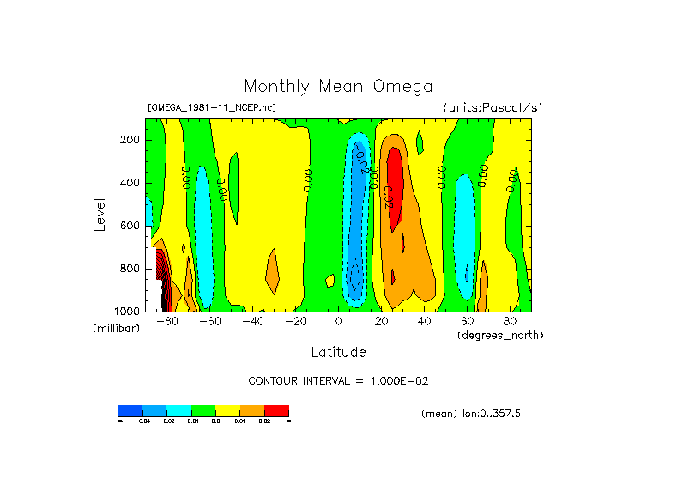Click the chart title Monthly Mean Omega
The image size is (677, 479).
coord(338,87)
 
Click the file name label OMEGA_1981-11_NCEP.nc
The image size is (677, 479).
coord(212,108)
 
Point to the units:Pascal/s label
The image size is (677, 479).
coord(493,108)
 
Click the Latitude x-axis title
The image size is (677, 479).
coord(338,352)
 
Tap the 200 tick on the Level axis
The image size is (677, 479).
coord(130,140)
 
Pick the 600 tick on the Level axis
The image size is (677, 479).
coord(130,226)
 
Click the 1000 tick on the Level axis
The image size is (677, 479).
coord(128,311)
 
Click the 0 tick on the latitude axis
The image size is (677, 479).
coord(338,322)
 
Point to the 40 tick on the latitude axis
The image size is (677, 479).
coord(424,322)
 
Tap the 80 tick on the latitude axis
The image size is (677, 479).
coord(510,322)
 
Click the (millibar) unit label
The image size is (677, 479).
coord(116,329)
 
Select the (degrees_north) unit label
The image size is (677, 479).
coord(500,334)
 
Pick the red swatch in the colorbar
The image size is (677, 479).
coord(276,410)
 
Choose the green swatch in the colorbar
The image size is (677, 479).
coord(203,410)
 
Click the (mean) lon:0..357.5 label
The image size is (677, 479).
coord(471,414)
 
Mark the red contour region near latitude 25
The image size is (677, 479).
coord(395,185)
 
